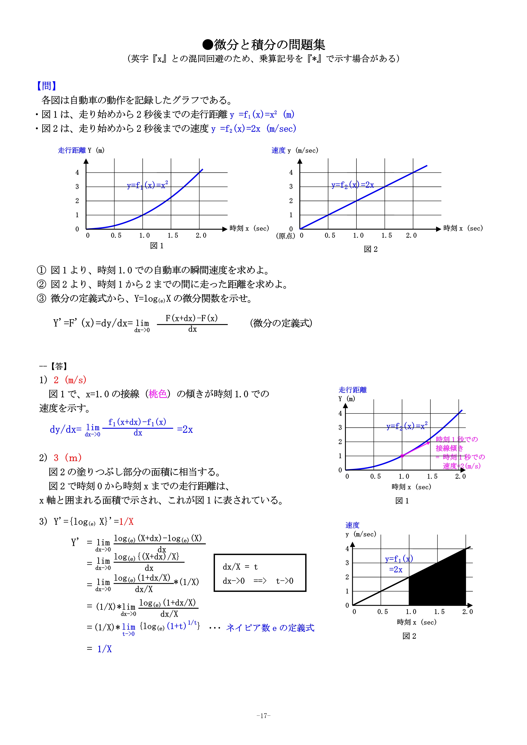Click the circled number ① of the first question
[41, 270]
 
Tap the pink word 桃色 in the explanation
[158, 394]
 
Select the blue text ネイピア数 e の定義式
[270, 628]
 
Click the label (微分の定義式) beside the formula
[281, 323]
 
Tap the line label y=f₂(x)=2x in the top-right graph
[352, 185]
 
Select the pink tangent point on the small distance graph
[402, 456]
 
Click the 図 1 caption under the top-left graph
[157, 246]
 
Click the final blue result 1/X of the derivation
[105, 649]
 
